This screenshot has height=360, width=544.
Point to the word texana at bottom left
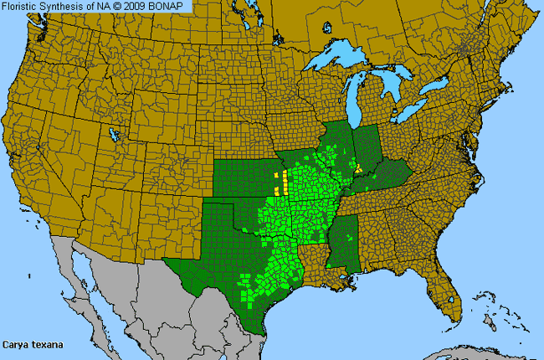47,344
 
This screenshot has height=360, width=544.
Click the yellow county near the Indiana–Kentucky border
359,168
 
